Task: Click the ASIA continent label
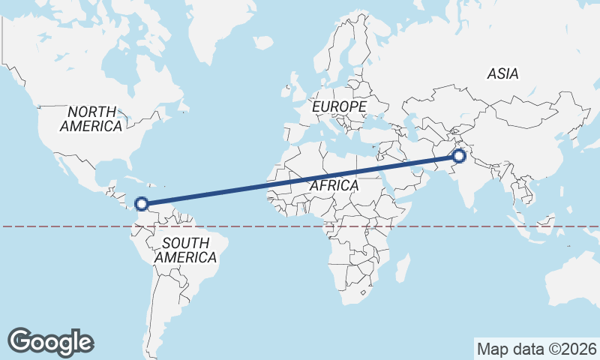(x=502, y=73)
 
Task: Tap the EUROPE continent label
(x=339, y=107)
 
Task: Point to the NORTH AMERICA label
(x=91, y=118)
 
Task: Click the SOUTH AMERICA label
(x=185, y=250)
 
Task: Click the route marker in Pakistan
(x=458, y=156)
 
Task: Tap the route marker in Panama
(x=141, y=202)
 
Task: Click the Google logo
(x=50, y=342)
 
